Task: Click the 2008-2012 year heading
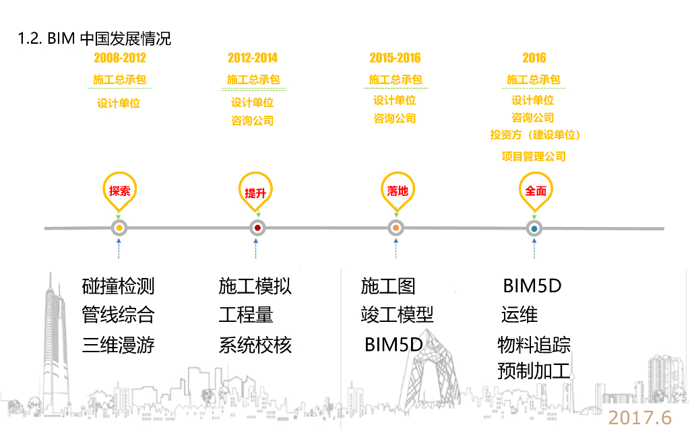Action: point(120,58)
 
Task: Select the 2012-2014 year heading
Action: point(253,58)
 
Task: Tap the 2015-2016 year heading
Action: point(395,58)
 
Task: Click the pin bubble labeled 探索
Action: point(119,190)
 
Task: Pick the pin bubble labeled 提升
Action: point(256,192)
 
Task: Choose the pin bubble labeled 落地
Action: point(398,190)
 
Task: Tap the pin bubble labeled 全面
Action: point(535,191)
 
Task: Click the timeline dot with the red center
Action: point(257,228)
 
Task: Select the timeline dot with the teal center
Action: point(534,228)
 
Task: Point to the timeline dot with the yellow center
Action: point(119,228)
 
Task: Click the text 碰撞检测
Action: point(119,286)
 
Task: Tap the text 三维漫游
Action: point(119,345)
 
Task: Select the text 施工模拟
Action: point(255,286)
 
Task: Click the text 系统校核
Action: point(255,345)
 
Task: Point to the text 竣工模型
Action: point(397,314)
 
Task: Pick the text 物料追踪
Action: point(534,345)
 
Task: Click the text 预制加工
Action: point(534,371)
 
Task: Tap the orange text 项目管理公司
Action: point(534,157)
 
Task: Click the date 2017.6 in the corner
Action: point(640,418)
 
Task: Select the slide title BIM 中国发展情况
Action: point(94,38)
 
